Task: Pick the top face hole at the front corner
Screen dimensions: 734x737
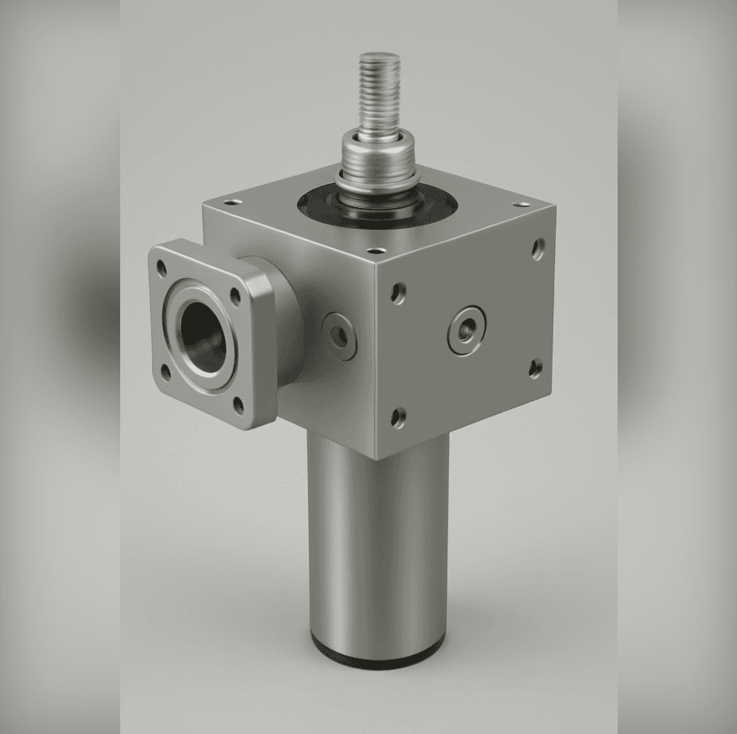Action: [x=376, y=250]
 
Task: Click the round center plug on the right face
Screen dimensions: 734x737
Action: [x=466, y=328]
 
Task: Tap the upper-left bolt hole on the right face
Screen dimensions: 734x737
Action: [x=399, y=292]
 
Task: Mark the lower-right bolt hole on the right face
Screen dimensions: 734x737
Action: [x=535, y=367]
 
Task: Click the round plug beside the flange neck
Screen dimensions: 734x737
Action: [x=339, y=335]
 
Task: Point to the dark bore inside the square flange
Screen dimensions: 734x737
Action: [x=201, y=331]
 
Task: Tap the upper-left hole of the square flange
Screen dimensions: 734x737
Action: [x=162, y=269]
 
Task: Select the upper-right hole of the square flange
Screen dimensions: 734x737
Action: [x=235, y=296]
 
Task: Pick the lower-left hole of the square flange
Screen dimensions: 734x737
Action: [x=165, y=372]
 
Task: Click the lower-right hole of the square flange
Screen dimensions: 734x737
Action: [x=238, y=406]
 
